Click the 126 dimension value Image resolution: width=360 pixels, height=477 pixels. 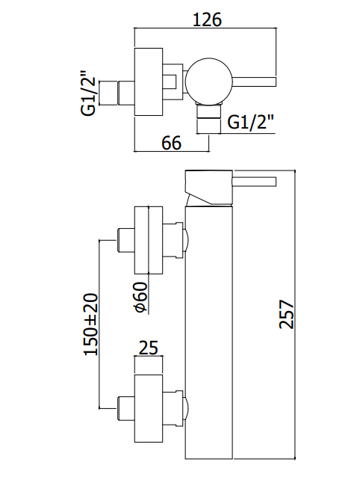tap(208, 19)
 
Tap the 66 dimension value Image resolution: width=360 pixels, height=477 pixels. tap(171, 142)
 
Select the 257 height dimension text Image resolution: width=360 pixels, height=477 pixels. tap(286, 314)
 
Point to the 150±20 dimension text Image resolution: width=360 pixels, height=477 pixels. tap(91, 324)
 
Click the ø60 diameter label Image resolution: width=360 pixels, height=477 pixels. tap(140, 298)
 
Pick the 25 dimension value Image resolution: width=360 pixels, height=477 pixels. tap(149, 348)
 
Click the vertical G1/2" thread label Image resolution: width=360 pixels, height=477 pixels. tap(88, 93)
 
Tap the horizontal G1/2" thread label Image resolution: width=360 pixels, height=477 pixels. tap(250, 123)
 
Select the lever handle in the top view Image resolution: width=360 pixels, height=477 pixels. tap(254, 81)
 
